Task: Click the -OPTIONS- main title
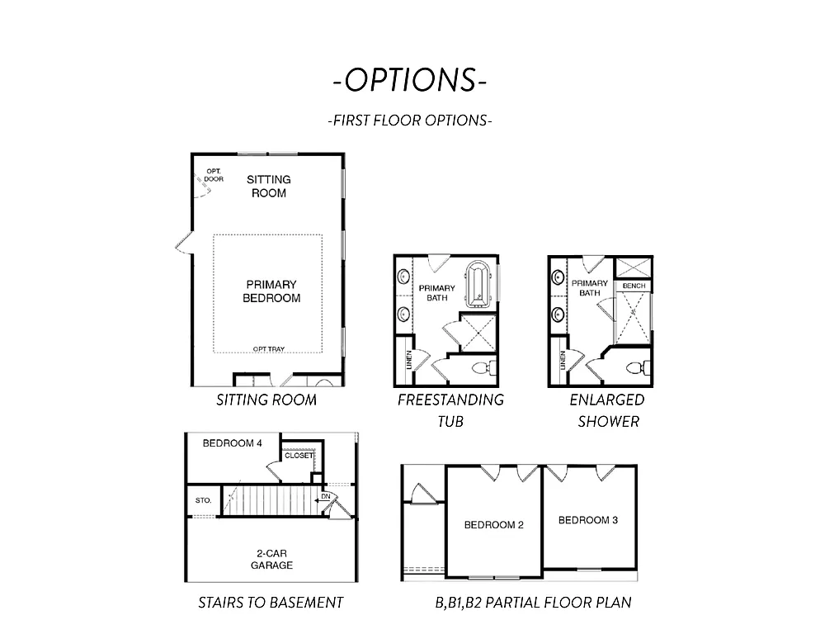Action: (x=410, y=79)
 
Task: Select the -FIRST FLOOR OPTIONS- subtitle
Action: (x=410, y=120)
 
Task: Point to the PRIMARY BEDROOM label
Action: (x=271, y=291)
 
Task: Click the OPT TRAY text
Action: (x=269, y=349)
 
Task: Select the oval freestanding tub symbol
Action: (x=478, y=284)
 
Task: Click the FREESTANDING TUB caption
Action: (x=450, y=410)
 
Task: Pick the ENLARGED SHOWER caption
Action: (x=606, y=410)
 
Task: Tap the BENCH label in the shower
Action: (x=634, y=286)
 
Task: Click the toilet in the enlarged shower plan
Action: (x=636, y=367)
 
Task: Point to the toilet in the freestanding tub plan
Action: (x=481, y=367)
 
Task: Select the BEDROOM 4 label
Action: (x=233, y=443)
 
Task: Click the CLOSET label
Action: (x=299, y=455)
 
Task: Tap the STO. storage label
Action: (x=203, y=500)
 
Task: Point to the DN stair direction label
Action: (x=327, y=496)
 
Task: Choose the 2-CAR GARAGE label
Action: (x=271, y=560)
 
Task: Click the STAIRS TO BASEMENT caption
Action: (x=271, y=603)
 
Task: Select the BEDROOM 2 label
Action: (x=493, y=525)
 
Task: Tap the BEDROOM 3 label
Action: (x=588, y=520)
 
